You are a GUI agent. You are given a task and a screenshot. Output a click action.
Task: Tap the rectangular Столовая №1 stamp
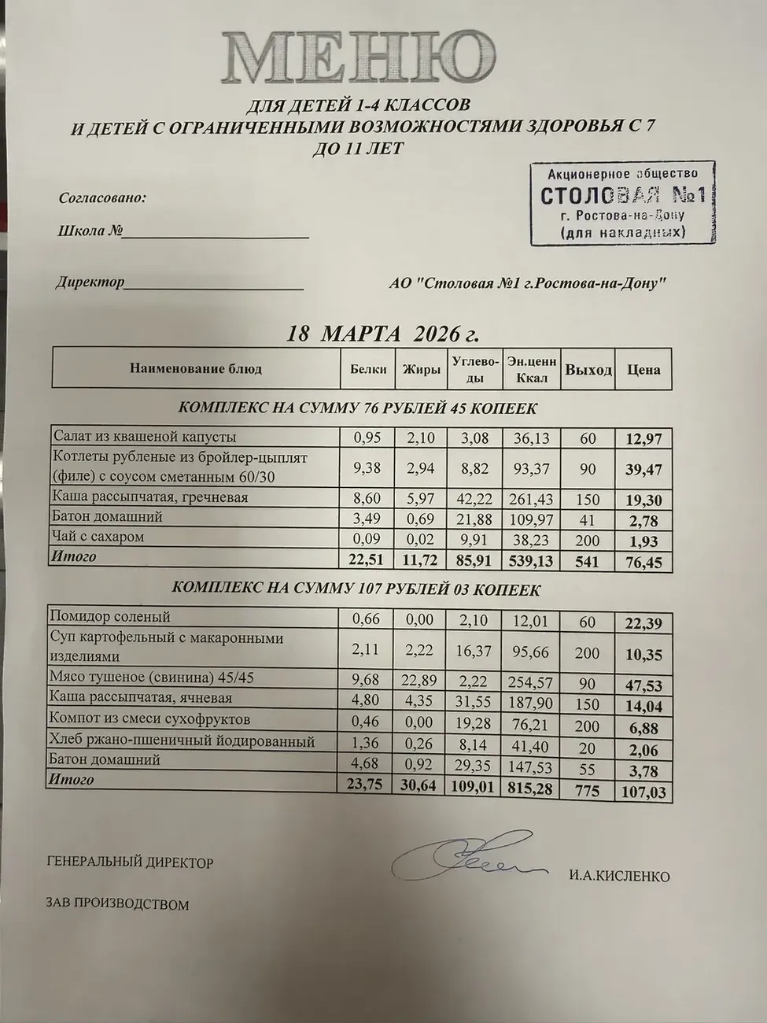point(623,203)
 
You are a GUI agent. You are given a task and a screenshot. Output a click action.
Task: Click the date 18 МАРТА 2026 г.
point(382,333)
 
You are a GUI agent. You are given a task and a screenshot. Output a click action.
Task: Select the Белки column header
point(368,369)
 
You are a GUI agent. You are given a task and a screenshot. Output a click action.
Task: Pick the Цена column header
point(643,369)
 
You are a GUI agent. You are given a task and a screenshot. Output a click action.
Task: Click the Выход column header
point(588,369)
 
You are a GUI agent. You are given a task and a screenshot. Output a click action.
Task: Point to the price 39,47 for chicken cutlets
point(643,470)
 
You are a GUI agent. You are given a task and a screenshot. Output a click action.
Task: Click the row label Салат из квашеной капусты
point(145,437)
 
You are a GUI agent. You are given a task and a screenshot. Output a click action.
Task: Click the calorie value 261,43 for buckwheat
point(533,498)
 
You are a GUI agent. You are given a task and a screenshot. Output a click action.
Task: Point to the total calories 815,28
point(533,788)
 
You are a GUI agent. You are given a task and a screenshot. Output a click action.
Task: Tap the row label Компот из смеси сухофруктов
point(149,718)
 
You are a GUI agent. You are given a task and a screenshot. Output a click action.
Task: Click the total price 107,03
point(643,791)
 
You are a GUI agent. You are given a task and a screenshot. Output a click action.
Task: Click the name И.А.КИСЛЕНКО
point(621,876)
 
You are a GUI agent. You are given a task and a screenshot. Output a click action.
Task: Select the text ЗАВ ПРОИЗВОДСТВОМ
point(117,905)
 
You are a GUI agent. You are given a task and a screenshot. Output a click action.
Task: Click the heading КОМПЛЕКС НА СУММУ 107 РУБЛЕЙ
point(356,589)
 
